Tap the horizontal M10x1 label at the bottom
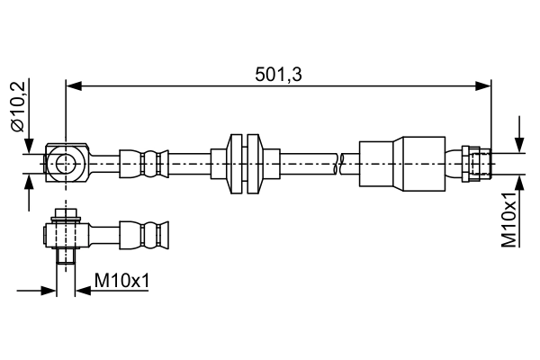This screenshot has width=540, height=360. [121, 281]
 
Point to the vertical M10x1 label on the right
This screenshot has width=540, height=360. [508, 218]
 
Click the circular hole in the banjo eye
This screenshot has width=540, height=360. [66, 163]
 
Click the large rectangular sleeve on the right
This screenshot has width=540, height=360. [401, 163]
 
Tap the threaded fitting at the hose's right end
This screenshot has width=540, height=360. [475, 163]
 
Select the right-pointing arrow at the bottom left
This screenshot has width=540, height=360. [49, 291]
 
